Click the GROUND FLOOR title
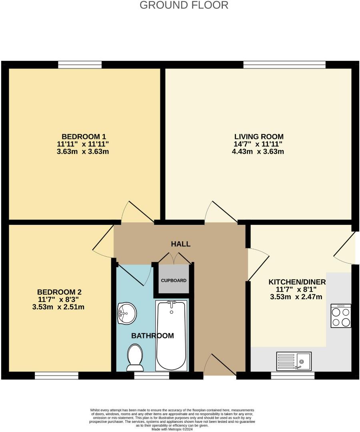[184, 5]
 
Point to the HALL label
[181, 244]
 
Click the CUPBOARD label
[174, 280]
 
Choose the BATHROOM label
[152, 336]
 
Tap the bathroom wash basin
[127, 313]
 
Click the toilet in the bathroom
[135, 357]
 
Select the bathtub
[171, 336]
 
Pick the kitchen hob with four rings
[341, 316]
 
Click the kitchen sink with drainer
[293, 361]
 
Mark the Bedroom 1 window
[80, 65]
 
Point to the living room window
[284, 65]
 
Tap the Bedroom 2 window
[56, 376]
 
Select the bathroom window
[151, 376]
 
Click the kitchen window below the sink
[292, 376]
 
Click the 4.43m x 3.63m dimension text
[259, 152]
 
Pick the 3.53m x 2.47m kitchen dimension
[297, 297]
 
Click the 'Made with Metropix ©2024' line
[172, 429]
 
